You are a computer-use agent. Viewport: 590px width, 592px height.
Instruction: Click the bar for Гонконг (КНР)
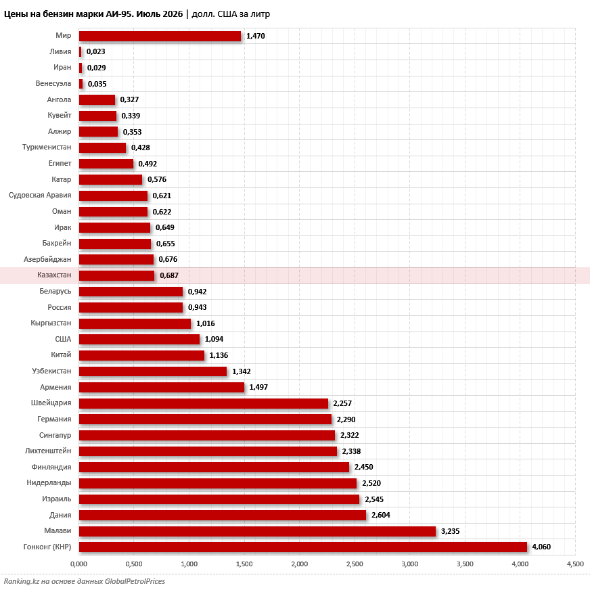[x=302, y=547]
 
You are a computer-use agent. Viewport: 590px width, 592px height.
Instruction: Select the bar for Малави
[x=257, y=531]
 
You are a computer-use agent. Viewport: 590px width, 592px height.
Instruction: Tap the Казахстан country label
[x=54, y=275]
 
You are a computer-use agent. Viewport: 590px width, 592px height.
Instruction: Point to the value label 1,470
[x=256, y=36]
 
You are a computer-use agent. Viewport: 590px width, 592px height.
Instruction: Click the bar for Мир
[x=160, y=36]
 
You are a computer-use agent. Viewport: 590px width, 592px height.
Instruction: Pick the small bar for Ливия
[x=80, y=51]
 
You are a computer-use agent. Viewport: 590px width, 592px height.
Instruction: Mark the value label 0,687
[x=169, y=275]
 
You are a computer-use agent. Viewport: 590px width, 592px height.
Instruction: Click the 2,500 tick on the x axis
[x=355, y=564]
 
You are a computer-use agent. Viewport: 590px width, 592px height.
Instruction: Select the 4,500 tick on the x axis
[x=575, y=564]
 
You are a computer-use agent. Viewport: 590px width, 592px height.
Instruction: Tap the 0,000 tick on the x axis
[x=79, y=564]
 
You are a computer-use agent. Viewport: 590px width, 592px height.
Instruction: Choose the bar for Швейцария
[x=204, y=403]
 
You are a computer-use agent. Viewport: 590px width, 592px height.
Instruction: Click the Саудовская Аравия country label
[x=40, y=196]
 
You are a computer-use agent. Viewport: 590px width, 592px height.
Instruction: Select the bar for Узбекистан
[x=153, y=371]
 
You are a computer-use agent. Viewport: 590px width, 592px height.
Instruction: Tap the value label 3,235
[x=451, y=531]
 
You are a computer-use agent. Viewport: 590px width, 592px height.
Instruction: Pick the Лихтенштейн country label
[x=48, y=451]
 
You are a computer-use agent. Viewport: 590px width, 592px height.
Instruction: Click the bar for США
[x=139, y=339]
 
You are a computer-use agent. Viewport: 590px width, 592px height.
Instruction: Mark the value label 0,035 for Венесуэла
[x=97, y=84]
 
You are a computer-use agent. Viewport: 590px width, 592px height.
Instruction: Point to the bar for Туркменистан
[x=102, y=147]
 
